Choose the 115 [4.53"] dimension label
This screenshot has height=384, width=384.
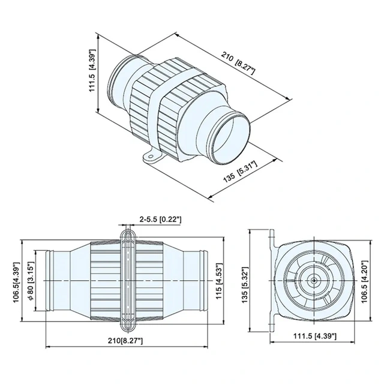220,280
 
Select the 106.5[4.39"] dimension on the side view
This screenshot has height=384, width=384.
16,280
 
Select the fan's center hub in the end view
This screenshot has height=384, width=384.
314,280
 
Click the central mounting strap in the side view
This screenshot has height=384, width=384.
126,280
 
